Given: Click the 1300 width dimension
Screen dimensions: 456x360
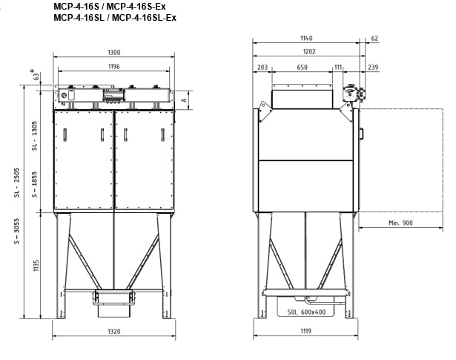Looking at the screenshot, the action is (x=113, y=53).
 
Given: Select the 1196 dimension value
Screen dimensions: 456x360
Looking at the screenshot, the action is (x=114, y=67).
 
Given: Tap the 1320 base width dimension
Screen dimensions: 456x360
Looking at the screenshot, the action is (x=114, y=332).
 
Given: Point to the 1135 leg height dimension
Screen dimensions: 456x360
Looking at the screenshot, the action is (x=36, y=266).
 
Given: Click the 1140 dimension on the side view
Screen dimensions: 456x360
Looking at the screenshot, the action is (x=306, y=38).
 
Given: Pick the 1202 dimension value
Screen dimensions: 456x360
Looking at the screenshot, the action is (x=309, y=51).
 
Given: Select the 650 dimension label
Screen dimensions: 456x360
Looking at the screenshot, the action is (x=303, y=68).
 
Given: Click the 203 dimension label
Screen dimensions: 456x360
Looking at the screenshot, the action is (x=262, y=68).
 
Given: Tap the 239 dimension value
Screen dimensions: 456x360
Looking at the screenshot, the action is (x=373, y=68).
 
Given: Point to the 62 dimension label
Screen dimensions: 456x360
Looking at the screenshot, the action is (x=374, y=39).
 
